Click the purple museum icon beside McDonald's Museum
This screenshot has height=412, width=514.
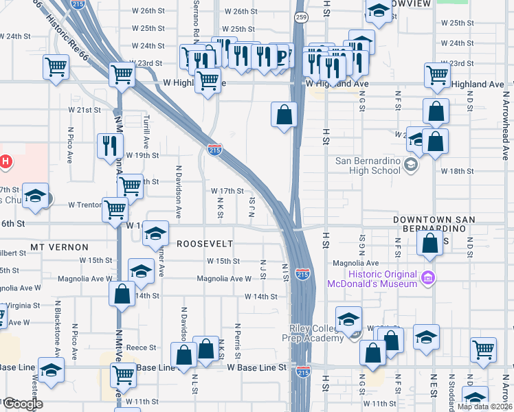coord(427,279)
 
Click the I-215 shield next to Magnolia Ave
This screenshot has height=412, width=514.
coord(302,274)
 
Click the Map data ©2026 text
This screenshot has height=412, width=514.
coord(484,407)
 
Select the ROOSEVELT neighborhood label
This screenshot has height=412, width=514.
coord(205,244)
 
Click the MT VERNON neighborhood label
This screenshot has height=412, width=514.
coord(59,246)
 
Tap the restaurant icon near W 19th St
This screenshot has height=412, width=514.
coord(110,146)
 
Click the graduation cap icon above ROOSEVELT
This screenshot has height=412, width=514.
coord(156,233)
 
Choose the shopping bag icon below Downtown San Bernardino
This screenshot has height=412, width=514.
coord(429,243)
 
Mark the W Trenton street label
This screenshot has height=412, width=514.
coord(85,205)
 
